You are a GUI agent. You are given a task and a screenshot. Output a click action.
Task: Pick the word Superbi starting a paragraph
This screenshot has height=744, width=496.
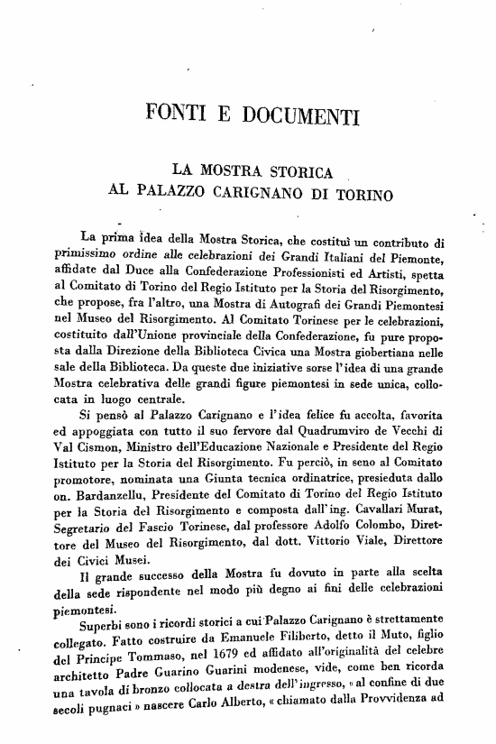(106, 618)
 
